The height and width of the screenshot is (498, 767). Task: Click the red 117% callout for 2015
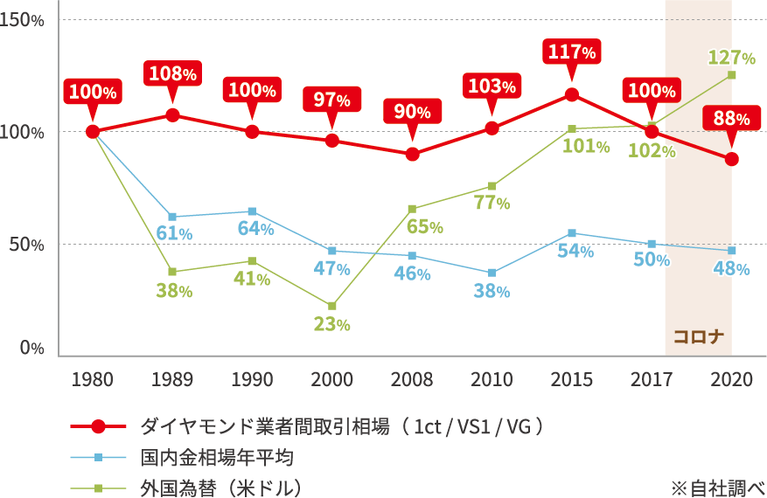572,52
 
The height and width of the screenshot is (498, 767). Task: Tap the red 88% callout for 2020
731,117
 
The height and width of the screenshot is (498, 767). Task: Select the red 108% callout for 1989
172,73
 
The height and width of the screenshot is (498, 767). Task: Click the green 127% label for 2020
732,59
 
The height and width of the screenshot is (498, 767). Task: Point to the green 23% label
332,324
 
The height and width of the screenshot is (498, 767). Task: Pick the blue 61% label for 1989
173,232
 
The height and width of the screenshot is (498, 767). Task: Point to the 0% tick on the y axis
32,348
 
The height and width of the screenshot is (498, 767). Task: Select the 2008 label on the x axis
412,380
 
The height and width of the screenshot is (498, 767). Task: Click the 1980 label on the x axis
92,380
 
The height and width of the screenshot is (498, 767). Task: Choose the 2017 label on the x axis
652,380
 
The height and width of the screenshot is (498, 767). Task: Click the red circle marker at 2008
412,154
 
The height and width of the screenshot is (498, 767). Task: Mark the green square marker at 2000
332,306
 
